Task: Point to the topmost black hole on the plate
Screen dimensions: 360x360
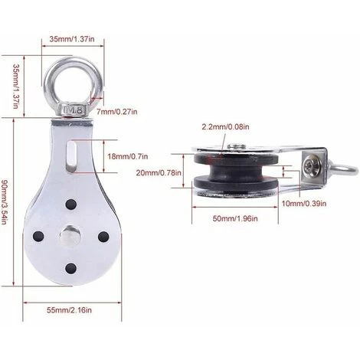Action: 70,205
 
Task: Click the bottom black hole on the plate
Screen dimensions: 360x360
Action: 70,267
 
